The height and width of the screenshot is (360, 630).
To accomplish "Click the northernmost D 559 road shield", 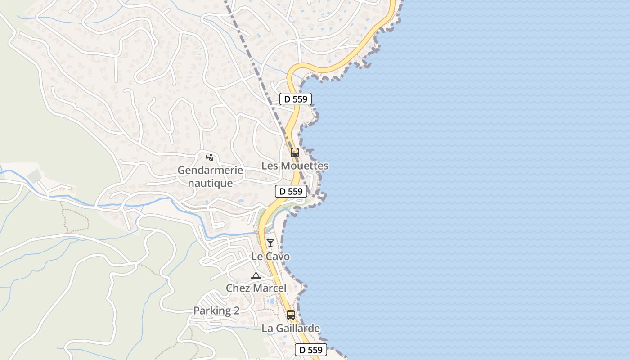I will pyautogui.click(x=295, y=99).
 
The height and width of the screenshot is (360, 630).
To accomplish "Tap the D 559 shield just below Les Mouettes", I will pyautogui.click(x=291, y=191).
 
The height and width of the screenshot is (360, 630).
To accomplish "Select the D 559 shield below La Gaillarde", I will pyautogui.click(x=311, y=350).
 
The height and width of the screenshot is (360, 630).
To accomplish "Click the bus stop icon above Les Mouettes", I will pyautogui.click(x=295, y=153).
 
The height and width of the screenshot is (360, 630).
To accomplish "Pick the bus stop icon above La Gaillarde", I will pyautogui.click(x=291, y=315).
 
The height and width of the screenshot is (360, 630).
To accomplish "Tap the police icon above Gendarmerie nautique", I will pyautogui.click(x=210, y=157).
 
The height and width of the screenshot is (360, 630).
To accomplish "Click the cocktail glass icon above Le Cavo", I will pyautogui.click(x=270, y=243).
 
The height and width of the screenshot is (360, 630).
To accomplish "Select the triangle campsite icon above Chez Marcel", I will pyautogui.click(x=256, y=275).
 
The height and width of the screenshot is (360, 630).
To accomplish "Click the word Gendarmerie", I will pyautogui.click(x=210, y=171).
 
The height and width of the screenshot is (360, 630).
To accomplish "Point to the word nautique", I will pyautogui.click(x=210, y=183).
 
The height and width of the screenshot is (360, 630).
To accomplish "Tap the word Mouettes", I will pyautogui.click(x=305, y=166).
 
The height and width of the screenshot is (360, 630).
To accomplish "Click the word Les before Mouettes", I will pyautogui.click(x=270, y=166).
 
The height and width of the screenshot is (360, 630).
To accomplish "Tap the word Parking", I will pyautogui.click(x=211, y=310).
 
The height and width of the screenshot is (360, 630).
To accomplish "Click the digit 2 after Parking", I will pyautogui.click(x=236, y=310).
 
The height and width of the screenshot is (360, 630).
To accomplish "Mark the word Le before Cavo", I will pyautogui.click(x=257, y=256).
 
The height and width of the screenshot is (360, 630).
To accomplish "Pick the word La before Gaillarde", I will pyautogui.click(x=267, y=328).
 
